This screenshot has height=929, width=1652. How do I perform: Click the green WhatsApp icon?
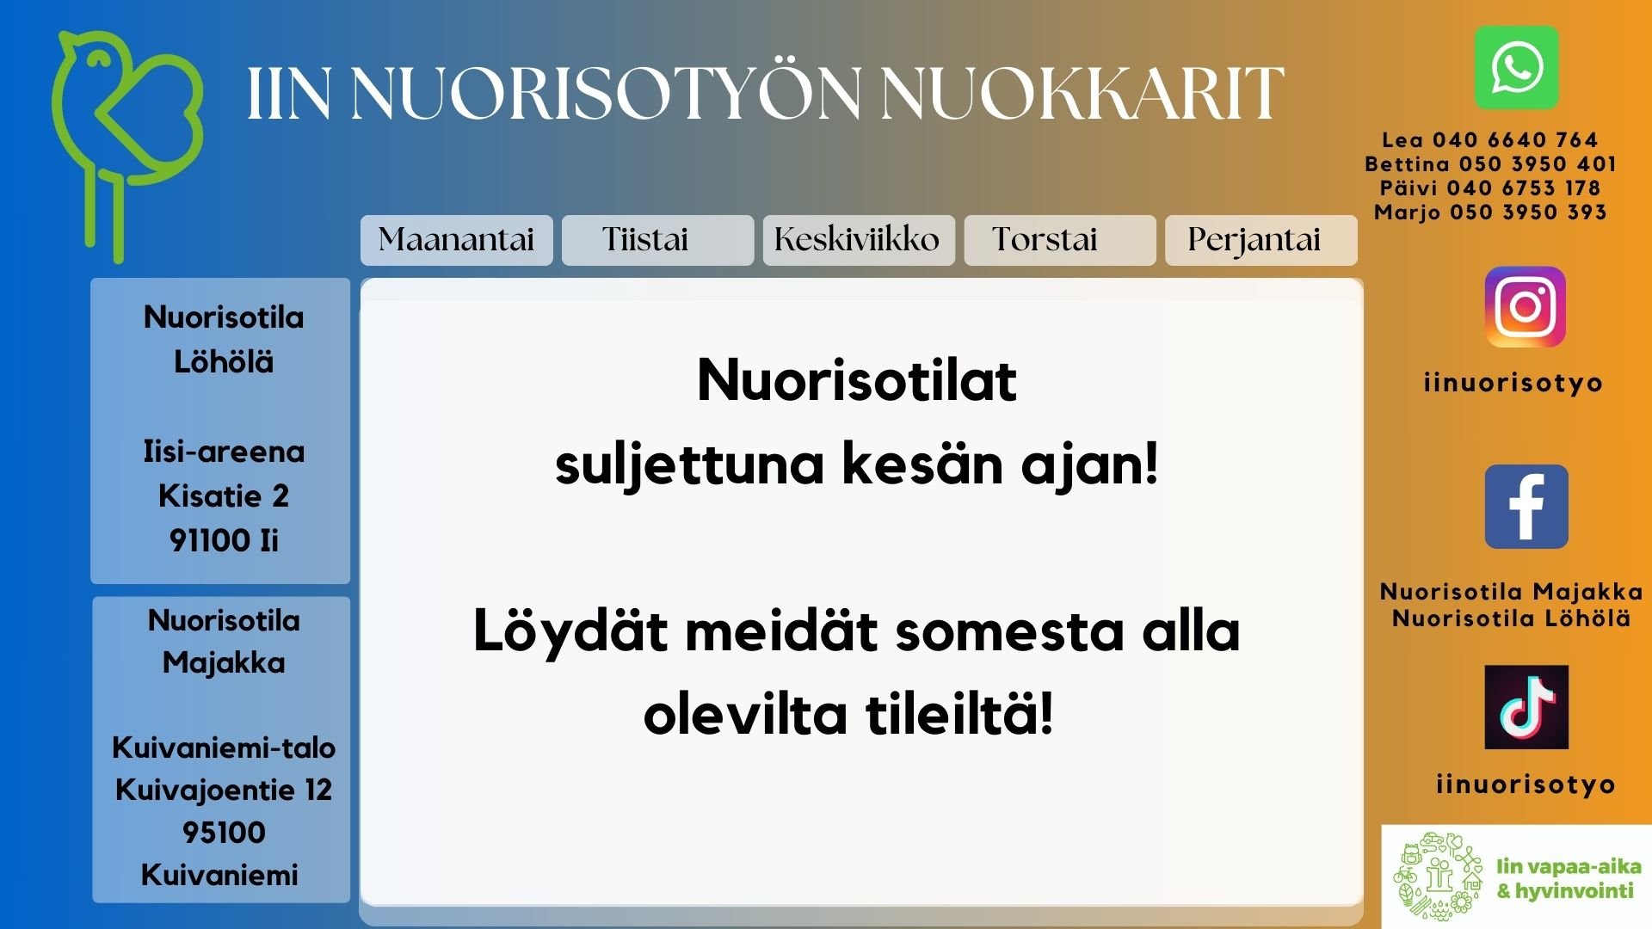coord(1517,68)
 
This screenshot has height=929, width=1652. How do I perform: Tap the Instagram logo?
coord(1526,307)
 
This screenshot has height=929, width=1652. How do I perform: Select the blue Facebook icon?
coord(1526,507)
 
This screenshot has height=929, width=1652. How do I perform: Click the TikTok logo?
coord(1526,707)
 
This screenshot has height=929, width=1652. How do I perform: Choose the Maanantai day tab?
coord(457,240)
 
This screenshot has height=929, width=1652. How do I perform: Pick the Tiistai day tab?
coord(658,240)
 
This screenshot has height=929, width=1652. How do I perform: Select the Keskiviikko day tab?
coord(859,240)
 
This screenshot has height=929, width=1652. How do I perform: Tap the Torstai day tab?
coord(1060,240)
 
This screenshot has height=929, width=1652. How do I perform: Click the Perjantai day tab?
coord(1261,240)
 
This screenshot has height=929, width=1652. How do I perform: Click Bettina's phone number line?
coord(1490,164)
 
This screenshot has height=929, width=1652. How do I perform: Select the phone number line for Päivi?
coord(1490,188)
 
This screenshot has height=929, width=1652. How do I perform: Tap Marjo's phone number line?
coord(1490,212)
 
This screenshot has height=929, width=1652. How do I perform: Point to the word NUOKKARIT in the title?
coord(1082,93)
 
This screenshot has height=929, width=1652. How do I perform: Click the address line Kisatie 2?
coord(224,496)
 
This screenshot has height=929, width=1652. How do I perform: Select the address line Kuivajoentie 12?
coord(224,791)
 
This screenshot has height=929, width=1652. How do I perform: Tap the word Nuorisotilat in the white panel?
coord(857,380)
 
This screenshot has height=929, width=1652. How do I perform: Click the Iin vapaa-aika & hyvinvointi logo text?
coord(1568,878)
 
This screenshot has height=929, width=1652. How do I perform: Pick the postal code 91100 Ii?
coord(224,541)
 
